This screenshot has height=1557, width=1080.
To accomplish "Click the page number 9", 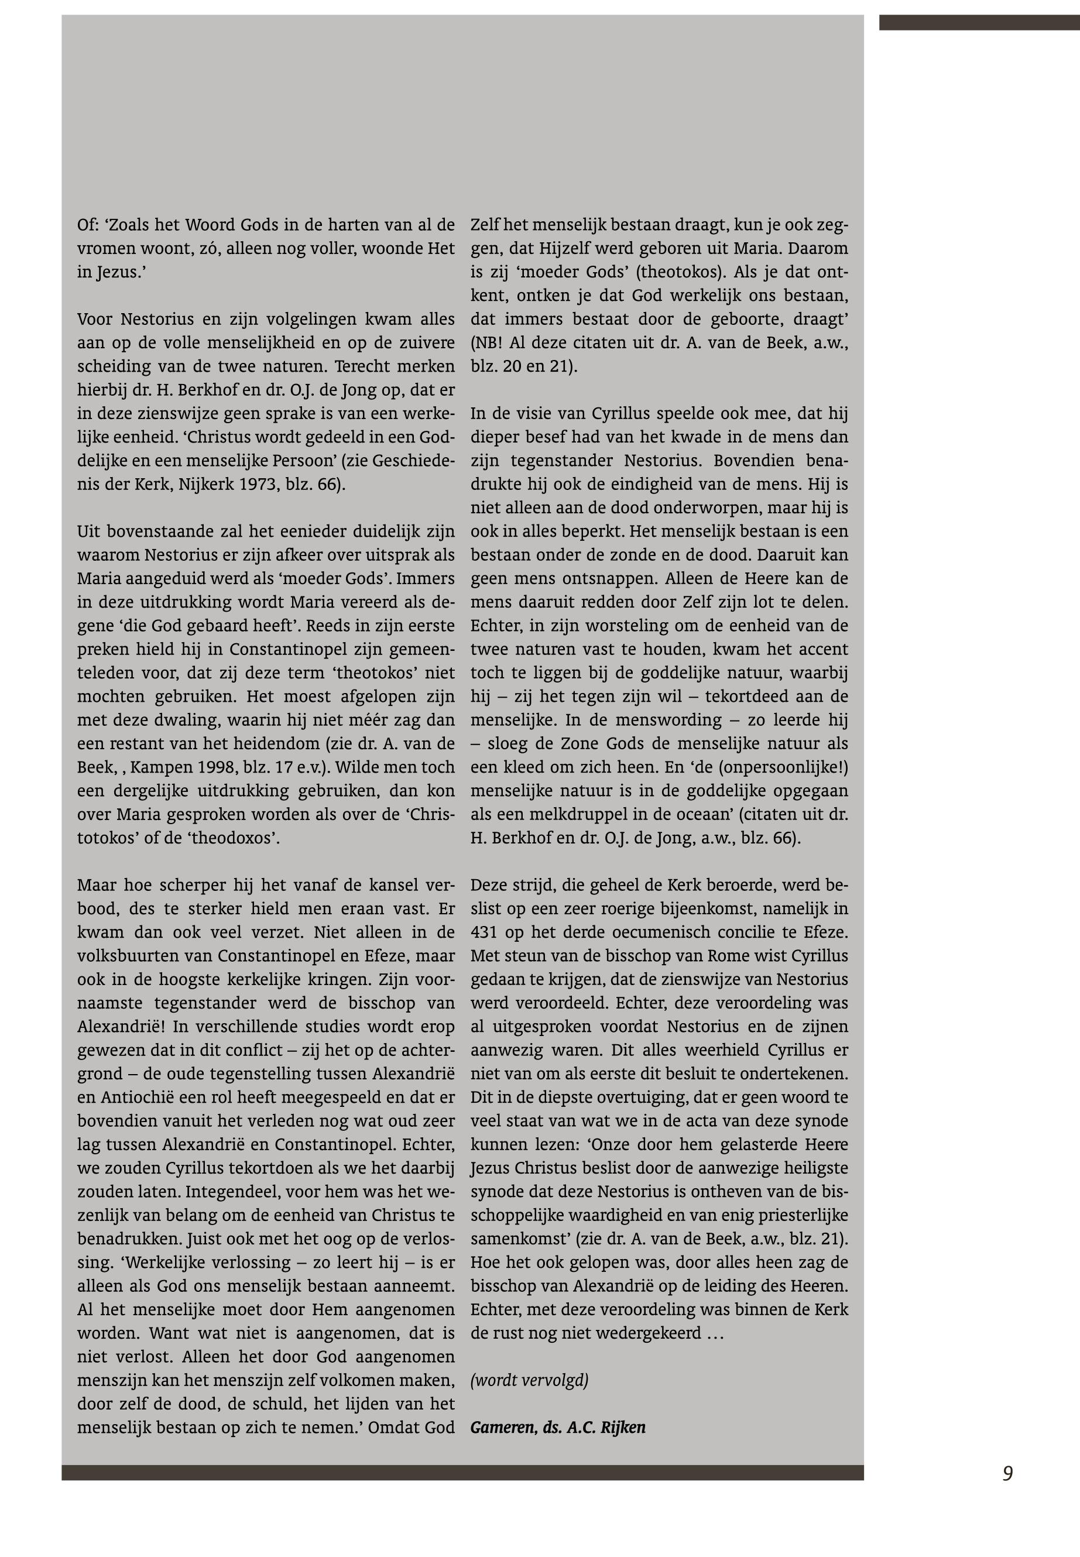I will [x=1007, y=1473].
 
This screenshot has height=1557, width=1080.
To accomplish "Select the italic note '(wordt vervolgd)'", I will [x=529, y=1380].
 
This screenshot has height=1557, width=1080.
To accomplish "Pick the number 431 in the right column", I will [x=483, y=932].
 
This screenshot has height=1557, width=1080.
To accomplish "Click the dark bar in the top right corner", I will [x=979, y=22].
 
